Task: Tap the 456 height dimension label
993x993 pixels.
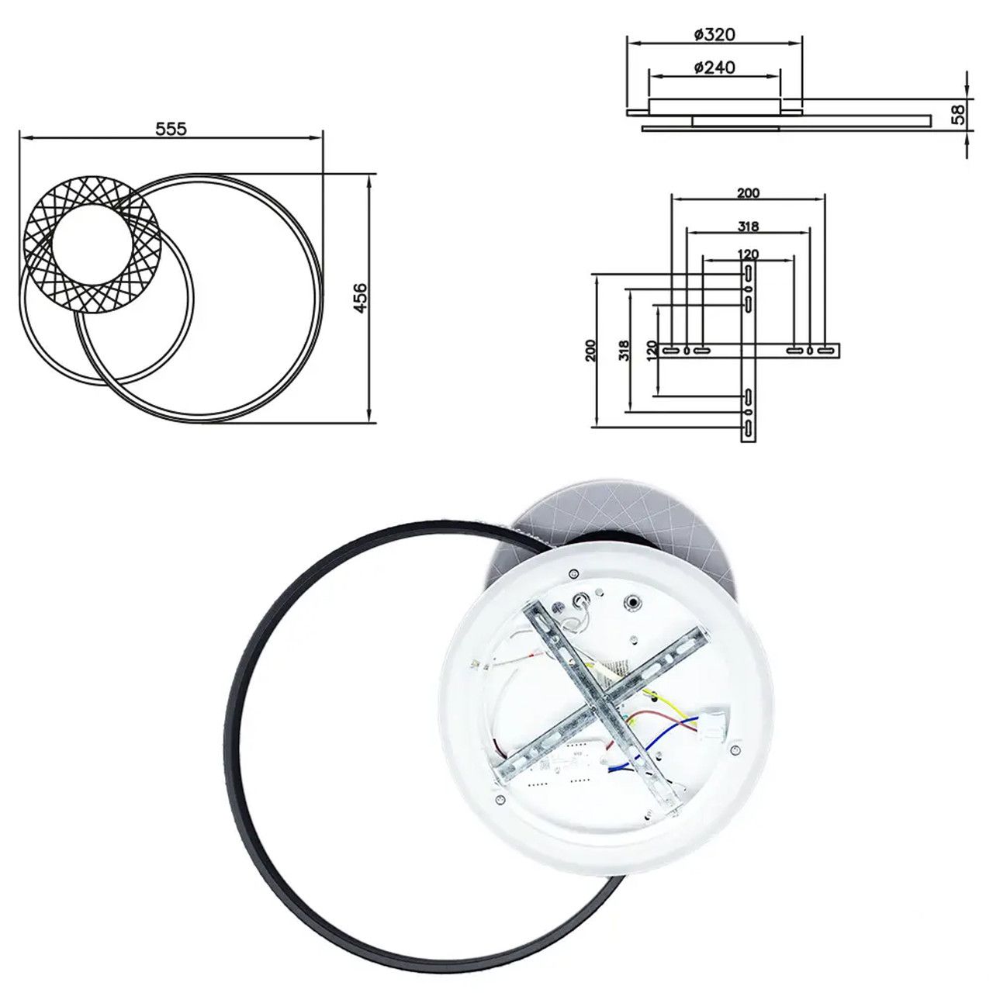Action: [360, 298]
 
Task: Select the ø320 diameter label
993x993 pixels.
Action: [714, 35]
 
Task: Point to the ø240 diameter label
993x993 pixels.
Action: [714, 67]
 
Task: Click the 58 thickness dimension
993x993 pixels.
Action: [957, 114]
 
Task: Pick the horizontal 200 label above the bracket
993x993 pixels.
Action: [748, 192]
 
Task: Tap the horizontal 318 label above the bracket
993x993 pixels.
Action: [748, 226]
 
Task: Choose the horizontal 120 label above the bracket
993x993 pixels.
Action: [748, 254]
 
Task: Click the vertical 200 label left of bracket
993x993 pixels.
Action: [591, 351]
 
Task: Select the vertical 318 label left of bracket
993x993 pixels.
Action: [624, 351]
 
